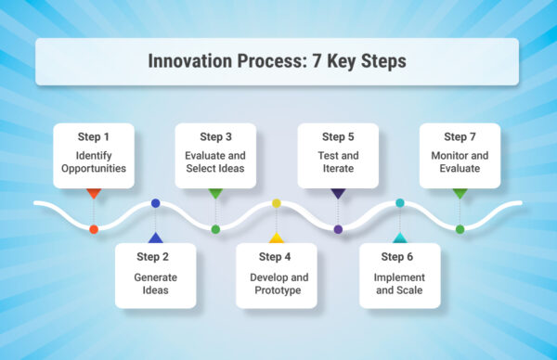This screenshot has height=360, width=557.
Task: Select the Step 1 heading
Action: click(x=93, y=137)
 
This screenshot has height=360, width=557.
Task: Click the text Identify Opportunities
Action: click(x=93, y=163)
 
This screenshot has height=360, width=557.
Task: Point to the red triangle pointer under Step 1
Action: click(x=93, y=193)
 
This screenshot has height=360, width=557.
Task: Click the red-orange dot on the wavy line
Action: click(x=93, y=229)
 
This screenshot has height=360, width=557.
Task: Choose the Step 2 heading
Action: click(x=155, y=257)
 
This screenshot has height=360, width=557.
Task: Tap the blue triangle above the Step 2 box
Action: click(x=155, y=238)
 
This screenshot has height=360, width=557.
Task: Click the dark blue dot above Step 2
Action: click(x=155, y=202)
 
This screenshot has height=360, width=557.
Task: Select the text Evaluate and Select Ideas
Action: click(x=215, y=163)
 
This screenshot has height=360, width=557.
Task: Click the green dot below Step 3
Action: click(x=215, y=229)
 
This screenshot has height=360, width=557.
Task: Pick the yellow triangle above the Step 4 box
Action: click(x=277, y=238)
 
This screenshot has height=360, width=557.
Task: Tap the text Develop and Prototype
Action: click(x=277, y=284)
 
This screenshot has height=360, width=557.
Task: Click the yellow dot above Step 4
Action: click(x=277, y=202)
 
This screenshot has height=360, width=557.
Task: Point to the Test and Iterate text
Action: click(x=338, y=163)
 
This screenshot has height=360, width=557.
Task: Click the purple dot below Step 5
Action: click(x=338, y=229)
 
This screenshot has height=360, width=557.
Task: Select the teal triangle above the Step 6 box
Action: click(x=399, y=238)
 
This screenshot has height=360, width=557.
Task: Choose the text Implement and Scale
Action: click(x=399, y=284)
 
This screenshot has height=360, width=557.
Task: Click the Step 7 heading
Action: click(x=460, y=137)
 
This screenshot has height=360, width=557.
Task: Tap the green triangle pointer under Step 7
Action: click(x=460, y=193)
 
